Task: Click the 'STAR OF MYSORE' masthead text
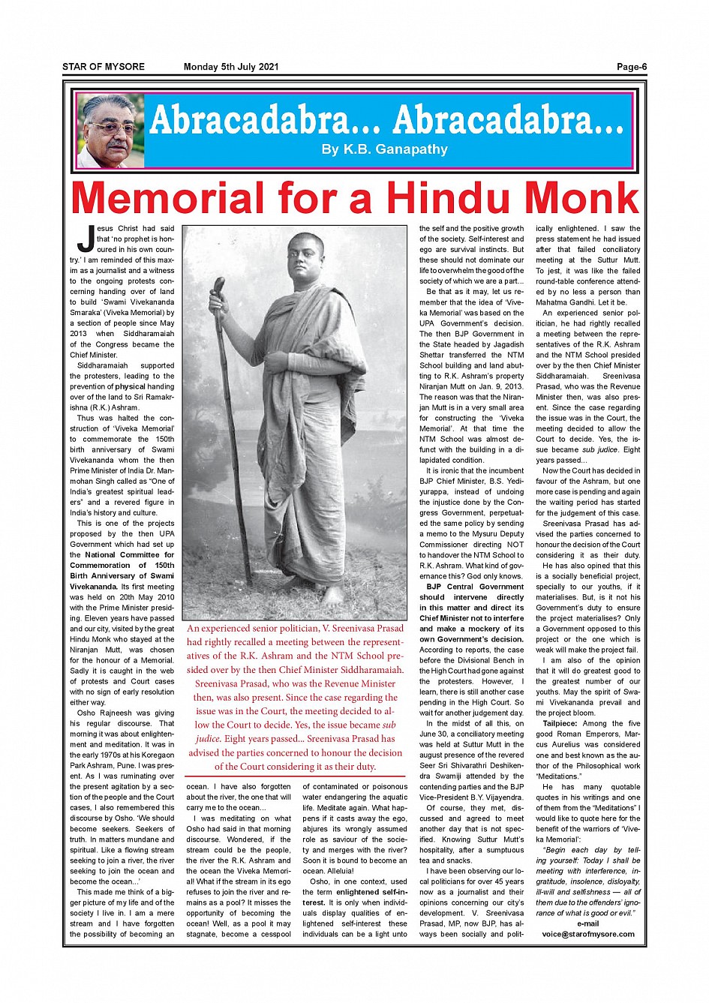[x=104, y=68]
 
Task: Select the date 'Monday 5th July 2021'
[x=231, y=68]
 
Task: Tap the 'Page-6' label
[x=631, y=68]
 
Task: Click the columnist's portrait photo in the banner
[x=110, y=131]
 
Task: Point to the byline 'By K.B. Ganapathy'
[x=384, y=149]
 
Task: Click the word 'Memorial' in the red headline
[x=167, y=198]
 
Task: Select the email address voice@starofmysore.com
[x=588, y=934]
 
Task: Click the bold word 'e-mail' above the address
[x=588, y=923]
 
